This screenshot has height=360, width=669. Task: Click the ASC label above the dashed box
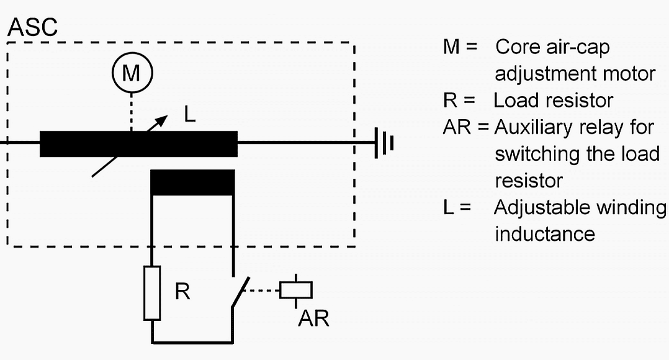coord(32,27)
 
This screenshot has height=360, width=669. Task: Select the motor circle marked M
coord(132,74)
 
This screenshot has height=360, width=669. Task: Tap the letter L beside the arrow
coord(190,114)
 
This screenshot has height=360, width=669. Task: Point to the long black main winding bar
coord(138,144)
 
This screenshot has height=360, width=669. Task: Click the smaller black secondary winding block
coord(192,181)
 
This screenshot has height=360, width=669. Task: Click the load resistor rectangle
coord(152,293)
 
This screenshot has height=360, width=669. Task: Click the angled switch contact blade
coord(240,292)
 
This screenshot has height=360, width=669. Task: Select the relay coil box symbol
coord(296,290)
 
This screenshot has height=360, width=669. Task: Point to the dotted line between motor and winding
coord(132,112)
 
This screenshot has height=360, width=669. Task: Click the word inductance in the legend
coord(544,235)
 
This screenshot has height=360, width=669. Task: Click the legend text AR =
coord(465,128)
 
